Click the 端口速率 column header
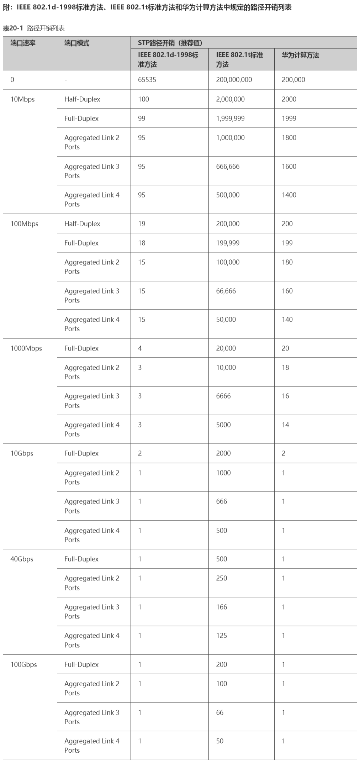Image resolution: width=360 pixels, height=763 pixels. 23,43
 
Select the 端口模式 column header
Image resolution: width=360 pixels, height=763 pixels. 77,43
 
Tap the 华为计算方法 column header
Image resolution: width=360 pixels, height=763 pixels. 300,55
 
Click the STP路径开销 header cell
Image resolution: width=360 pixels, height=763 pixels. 170,43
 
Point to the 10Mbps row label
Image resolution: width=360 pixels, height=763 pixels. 22,99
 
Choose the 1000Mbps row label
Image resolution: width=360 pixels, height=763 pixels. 26,348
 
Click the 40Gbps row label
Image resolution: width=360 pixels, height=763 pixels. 22,559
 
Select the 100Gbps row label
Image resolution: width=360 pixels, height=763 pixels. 23,664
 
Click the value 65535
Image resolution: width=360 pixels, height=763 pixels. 147,80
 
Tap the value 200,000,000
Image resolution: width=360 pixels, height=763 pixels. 234,80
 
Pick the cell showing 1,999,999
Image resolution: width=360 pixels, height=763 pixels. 230,119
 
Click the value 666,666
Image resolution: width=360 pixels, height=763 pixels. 228,167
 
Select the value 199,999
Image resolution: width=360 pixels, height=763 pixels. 228,243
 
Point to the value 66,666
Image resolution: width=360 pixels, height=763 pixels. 226,291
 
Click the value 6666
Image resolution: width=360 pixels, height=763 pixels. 223,396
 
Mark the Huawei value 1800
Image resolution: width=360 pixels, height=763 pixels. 289,138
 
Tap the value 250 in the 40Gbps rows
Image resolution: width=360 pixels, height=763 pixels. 221,578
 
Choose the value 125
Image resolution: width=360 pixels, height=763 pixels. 221,636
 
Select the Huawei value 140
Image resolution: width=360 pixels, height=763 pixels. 287,320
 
